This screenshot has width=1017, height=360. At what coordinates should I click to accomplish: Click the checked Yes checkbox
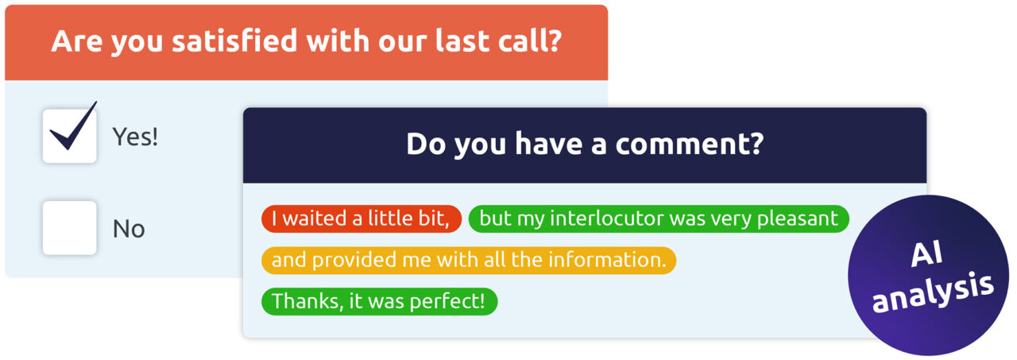(70, 136)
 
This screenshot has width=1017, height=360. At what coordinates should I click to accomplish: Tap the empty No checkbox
(70, 228)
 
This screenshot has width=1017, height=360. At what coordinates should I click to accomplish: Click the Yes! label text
(135, 137)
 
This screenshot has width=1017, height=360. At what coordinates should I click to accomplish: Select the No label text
(129, 229)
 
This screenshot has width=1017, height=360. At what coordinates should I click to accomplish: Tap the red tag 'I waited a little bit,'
(362, 219)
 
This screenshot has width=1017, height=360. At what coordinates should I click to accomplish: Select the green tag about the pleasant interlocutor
(659, 219)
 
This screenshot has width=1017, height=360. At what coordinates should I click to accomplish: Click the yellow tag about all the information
(469, 260)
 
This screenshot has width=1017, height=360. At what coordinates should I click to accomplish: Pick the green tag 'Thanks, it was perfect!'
(379, 301)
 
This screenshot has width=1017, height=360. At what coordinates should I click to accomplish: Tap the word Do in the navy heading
(422, 144)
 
